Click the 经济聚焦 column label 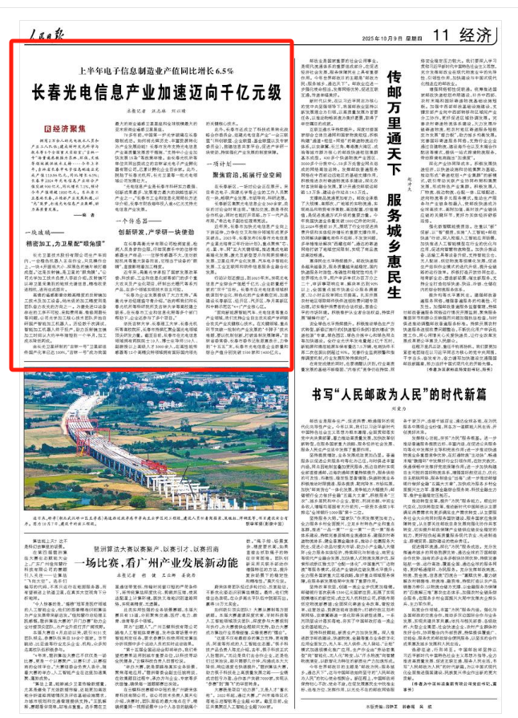click(x=67, y=128)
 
